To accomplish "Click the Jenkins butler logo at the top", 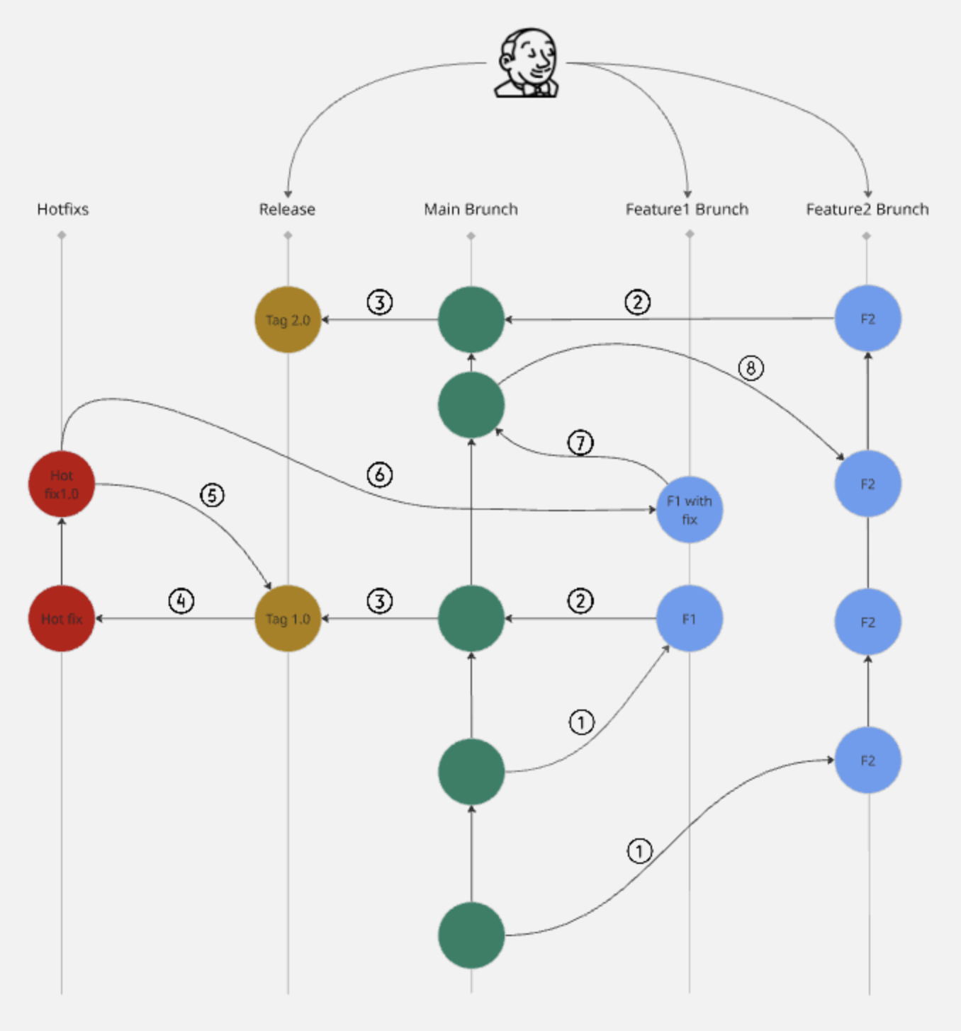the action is pos(527,63).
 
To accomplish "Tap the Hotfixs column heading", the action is pos(63,209).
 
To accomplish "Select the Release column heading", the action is pos(288,209).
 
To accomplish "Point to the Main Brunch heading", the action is pos(471,209).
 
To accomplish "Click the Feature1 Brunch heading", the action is pos(687,209).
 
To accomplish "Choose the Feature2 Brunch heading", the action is pos(867,209).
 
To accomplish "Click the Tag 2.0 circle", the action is pos(288,320).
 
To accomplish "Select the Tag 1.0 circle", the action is pos(288,618).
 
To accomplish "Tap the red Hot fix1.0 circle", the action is pos(62,484).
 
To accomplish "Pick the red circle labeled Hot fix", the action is pos(62,618).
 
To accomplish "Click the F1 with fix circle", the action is pos(690,510).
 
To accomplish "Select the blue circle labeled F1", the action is pos(690,618).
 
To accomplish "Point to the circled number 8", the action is pos(751,368).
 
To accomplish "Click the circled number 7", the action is pos(580,443).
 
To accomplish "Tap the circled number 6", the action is pos(380,475).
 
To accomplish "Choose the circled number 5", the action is pos(212,495).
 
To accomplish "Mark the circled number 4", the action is pos(181,601).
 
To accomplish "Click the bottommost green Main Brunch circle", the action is pos(471,935).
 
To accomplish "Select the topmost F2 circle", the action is pos(868,319).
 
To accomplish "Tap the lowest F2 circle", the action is pos(868,761).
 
